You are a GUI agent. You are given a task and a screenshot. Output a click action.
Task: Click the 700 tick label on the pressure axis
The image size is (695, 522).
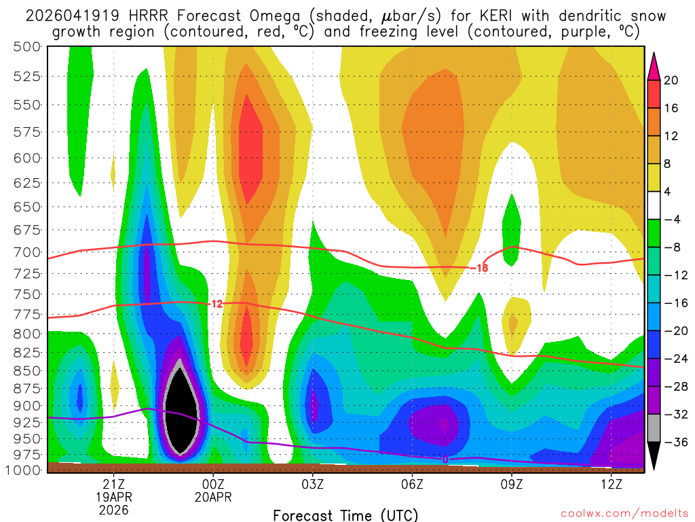26,252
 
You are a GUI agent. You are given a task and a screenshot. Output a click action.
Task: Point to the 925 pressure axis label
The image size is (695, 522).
26,421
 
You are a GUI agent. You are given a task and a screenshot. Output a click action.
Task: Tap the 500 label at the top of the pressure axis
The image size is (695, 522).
26,46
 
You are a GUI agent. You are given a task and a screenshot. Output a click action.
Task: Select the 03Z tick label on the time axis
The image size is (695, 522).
313,483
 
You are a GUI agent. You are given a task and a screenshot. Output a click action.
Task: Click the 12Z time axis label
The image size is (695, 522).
612,483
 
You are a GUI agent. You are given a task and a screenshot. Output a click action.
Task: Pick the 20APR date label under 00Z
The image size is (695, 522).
213,497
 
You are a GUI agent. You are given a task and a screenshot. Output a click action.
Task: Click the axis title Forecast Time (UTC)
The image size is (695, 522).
346,515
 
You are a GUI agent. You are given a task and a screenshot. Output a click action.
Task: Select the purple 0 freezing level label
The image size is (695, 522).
445,459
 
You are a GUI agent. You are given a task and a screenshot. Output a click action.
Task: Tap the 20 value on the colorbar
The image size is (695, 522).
671,80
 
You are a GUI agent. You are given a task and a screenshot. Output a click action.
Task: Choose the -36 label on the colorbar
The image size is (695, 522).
674,442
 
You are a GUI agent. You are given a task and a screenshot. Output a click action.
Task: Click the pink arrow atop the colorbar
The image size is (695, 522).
654,66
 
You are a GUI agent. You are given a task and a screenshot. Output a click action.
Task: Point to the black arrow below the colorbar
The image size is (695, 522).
654,457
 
